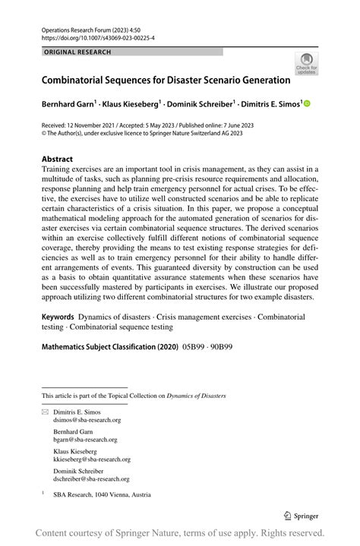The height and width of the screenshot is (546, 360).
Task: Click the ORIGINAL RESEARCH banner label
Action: pos(77,52)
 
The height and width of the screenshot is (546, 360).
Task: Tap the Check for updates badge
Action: pos(306,64)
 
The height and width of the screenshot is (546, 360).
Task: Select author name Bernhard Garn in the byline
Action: pos(68,103)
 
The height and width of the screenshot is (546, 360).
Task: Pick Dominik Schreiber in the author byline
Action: pos(201,103)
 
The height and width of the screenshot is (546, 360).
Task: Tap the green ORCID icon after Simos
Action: pos(308,103)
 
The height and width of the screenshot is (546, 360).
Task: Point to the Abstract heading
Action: pos(57,159)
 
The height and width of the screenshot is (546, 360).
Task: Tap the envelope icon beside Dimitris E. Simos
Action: pos(45,411)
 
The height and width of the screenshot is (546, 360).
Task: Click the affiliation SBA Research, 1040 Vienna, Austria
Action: pos(102,494)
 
